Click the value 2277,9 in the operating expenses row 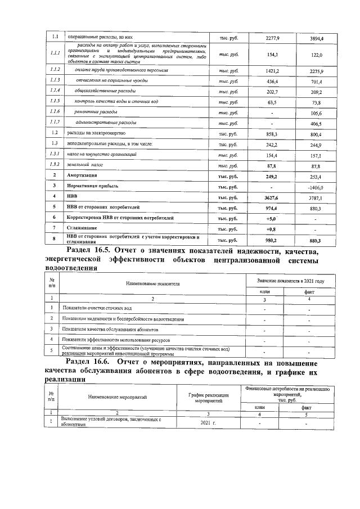pos(272,38)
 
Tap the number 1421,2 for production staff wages pos(272,71)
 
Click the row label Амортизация pos(83,175)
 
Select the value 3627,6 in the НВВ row pos(272,196)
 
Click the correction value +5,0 pos(272,218)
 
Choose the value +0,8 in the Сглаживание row pos(272,229)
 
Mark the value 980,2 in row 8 pos(272,240)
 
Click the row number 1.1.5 pos(55,102)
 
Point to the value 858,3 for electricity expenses pos(272,133)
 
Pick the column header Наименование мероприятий pos(117,397)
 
